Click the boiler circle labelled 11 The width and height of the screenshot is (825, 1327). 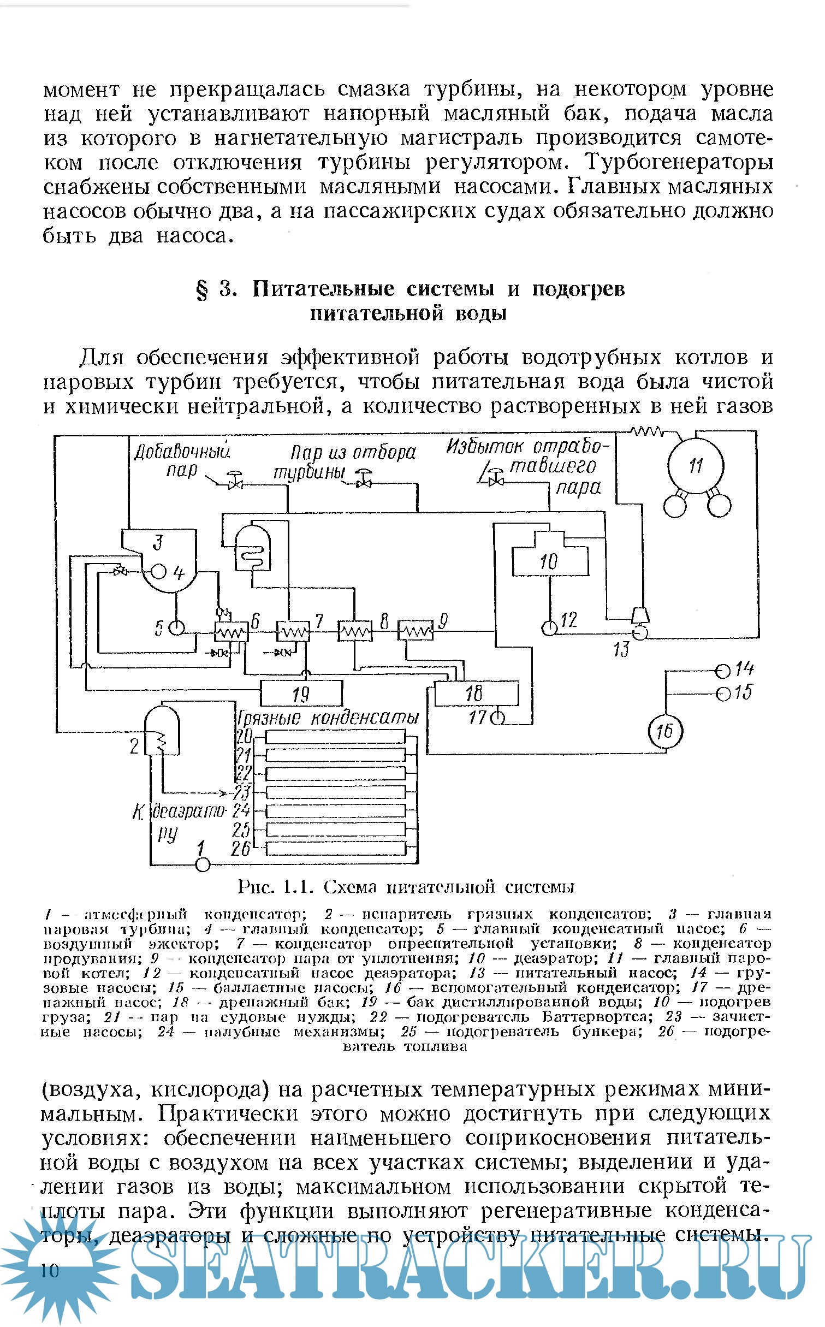point(696,466)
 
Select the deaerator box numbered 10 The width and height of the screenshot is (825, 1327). point(550,561)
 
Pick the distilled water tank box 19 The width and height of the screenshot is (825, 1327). point(301,694)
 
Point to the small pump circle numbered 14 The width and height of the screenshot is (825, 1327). point(722,670)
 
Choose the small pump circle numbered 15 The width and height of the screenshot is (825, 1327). point(722,694)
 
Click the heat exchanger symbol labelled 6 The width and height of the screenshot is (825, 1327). point(232,633)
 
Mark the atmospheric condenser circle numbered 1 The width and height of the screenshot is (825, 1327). point(203,864)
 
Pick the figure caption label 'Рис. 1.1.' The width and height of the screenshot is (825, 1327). point(274,887)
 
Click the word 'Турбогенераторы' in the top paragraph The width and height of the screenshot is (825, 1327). point(679,163)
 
